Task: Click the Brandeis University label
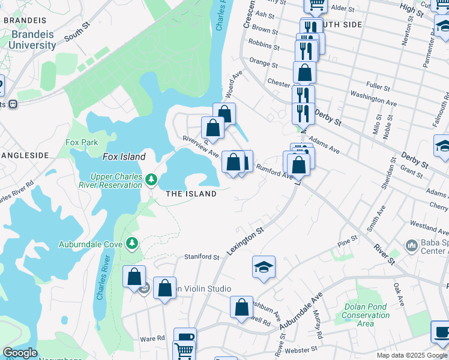point(33,39)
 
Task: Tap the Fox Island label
point(124,157)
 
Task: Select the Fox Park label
point(82,142)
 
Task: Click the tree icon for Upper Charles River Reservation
point(152,179)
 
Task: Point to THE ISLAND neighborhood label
point(191,194)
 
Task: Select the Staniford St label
point(202,257)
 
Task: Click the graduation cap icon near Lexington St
point(264,268)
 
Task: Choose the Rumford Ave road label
point(274,172)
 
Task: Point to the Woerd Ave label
point(234,83)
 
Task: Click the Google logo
point(20,353)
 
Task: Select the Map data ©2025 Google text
point(411,355)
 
